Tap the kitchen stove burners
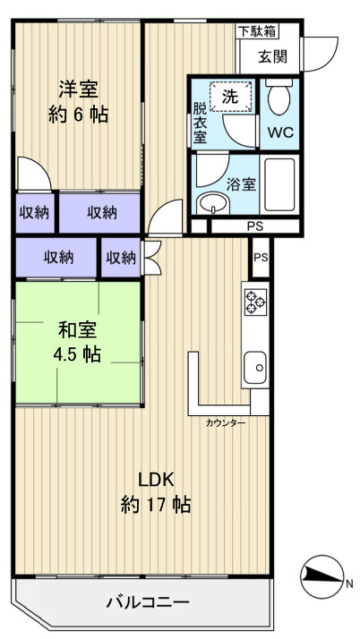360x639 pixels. point(255,302)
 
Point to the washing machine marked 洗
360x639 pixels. point(230,96)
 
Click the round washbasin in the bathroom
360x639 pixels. point(213,203)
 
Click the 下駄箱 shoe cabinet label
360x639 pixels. point(257,31)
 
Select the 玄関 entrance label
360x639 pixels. point(273,56)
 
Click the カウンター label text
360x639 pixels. point(226,423)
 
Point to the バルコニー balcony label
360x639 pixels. point(148,602)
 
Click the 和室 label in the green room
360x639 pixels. point(78,330)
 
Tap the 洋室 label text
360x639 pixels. point(78,90)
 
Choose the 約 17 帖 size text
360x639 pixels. point(156,506)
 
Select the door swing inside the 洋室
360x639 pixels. point(34,173)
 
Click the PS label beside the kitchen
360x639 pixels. point(261,258)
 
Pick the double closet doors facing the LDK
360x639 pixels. point(150,258)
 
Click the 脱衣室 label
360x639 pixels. point(200,124)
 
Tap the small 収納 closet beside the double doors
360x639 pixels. point(121,258)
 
